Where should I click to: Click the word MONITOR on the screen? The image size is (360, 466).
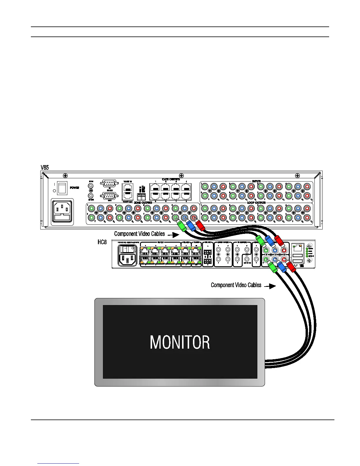pyautogui.click(x=180, y=342)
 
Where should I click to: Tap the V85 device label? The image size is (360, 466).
pyautogui.click(x=44, y=168)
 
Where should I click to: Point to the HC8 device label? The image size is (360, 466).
pyautogui.click(x=102, y=242)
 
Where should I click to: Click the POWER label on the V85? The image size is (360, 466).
pyautogui.click(x=74, y=188)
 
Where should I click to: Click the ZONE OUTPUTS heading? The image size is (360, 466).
pyautogui.click(x=143, y=203)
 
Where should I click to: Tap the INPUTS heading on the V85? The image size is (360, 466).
pyautogui.click(x=256, y=181)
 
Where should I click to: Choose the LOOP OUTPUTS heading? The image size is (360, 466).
pyautogui.click(x=256, y=203)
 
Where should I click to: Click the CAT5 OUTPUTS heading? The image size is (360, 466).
pyautogui.click(x=171, y=179)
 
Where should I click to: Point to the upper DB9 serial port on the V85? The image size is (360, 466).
pyautogui.click(x=109, y=183)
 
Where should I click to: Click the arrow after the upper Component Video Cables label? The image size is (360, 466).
pyautogui.click(x=175, y=235)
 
